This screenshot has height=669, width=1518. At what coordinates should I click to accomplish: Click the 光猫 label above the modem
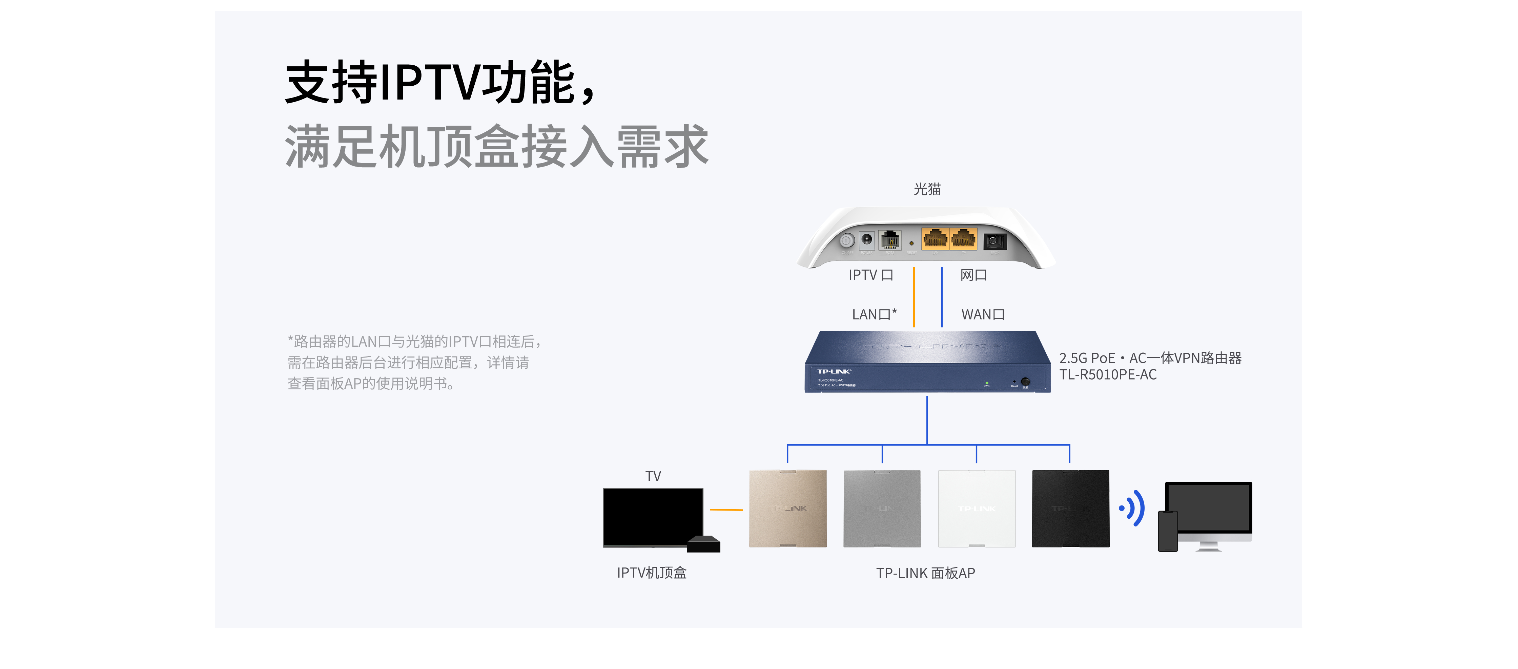click(x=927, y=189)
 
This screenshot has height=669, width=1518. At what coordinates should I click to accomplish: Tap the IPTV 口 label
click(x=870, y=275)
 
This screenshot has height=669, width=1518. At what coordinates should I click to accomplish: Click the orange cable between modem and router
click(x=914, y=297)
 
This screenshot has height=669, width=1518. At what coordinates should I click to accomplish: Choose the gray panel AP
click(x=882, y=508)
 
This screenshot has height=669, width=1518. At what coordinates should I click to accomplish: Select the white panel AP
click(x=977, y=508)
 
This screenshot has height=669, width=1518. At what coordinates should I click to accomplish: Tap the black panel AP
click(x=1071, y=508)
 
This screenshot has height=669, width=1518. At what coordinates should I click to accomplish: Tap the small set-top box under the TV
click(x=704, y=544)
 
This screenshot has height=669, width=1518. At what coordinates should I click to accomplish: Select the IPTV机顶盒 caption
click(x=652, y=573)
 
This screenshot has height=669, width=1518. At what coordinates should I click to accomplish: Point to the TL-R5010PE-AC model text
click(x=1108, y=374)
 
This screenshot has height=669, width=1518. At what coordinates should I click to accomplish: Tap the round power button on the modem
click(x=847, y=240)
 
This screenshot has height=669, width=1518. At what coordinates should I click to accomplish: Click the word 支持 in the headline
click(x=331, y=83)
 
